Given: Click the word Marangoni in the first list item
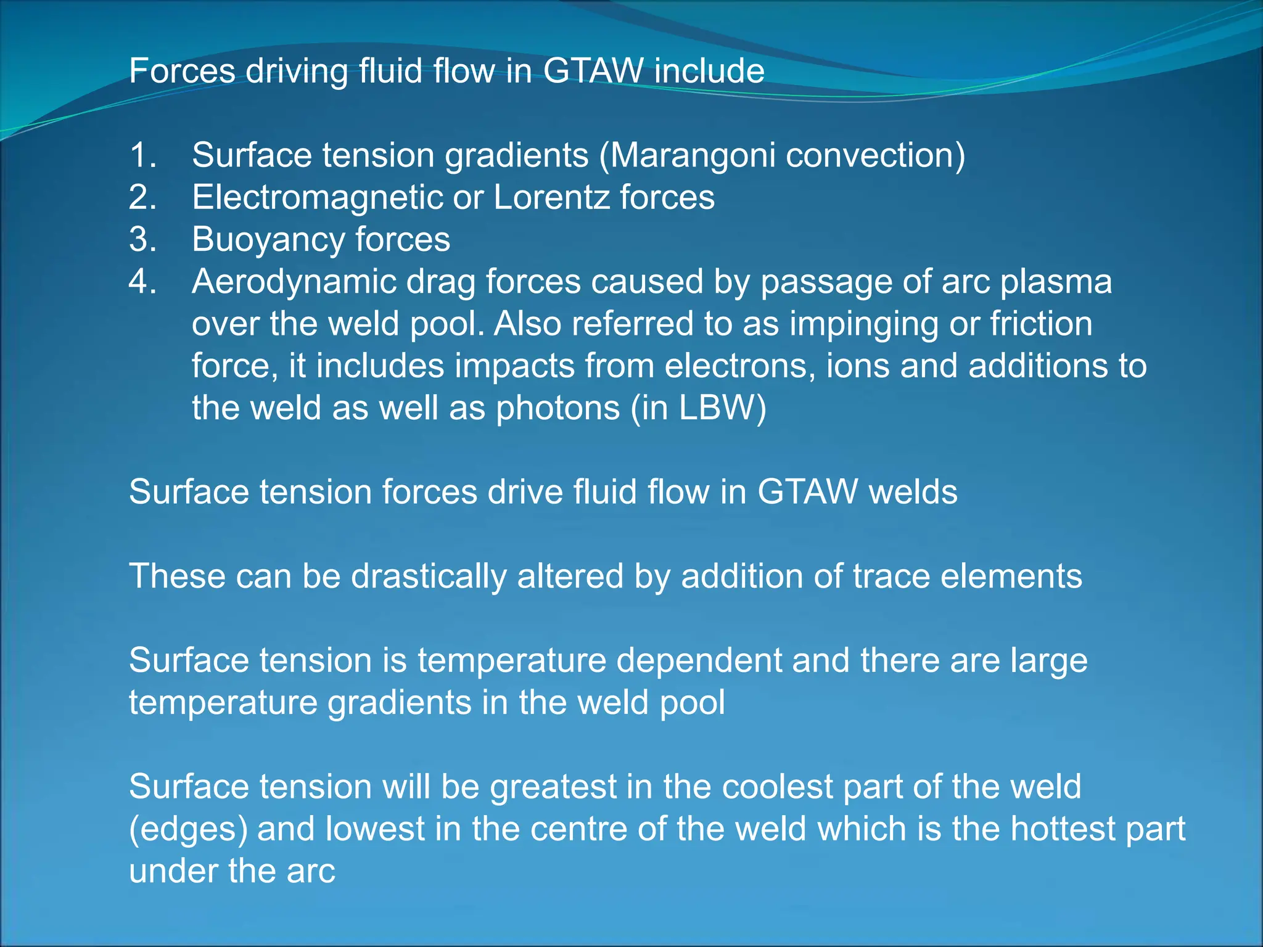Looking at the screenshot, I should click(693, 155).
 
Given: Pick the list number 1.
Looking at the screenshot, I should click(142, 155).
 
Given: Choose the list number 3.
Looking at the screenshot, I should click(142, 240).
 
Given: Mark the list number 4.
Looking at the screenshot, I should click(142, 282).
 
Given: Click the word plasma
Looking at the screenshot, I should click(1055, 282).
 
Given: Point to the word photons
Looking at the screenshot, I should click(557, 409).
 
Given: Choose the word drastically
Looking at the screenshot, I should click(429, 577).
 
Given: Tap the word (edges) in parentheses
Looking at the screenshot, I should click(188, 830).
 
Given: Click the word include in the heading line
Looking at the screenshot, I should click(709, 72).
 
